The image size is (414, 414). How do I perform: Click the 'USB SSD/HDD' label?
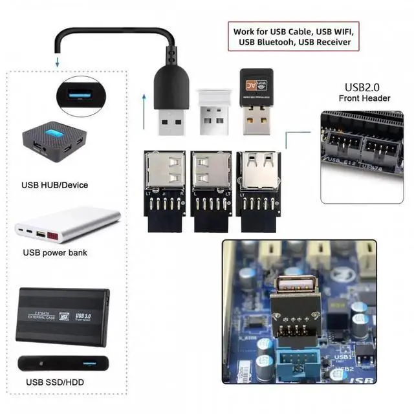(x=55, y=382)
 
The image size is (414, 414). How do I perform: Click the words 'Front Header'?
(x=364, y=98)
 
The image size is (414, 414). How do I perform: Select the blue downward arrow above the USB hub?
(x=58, y=63)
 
